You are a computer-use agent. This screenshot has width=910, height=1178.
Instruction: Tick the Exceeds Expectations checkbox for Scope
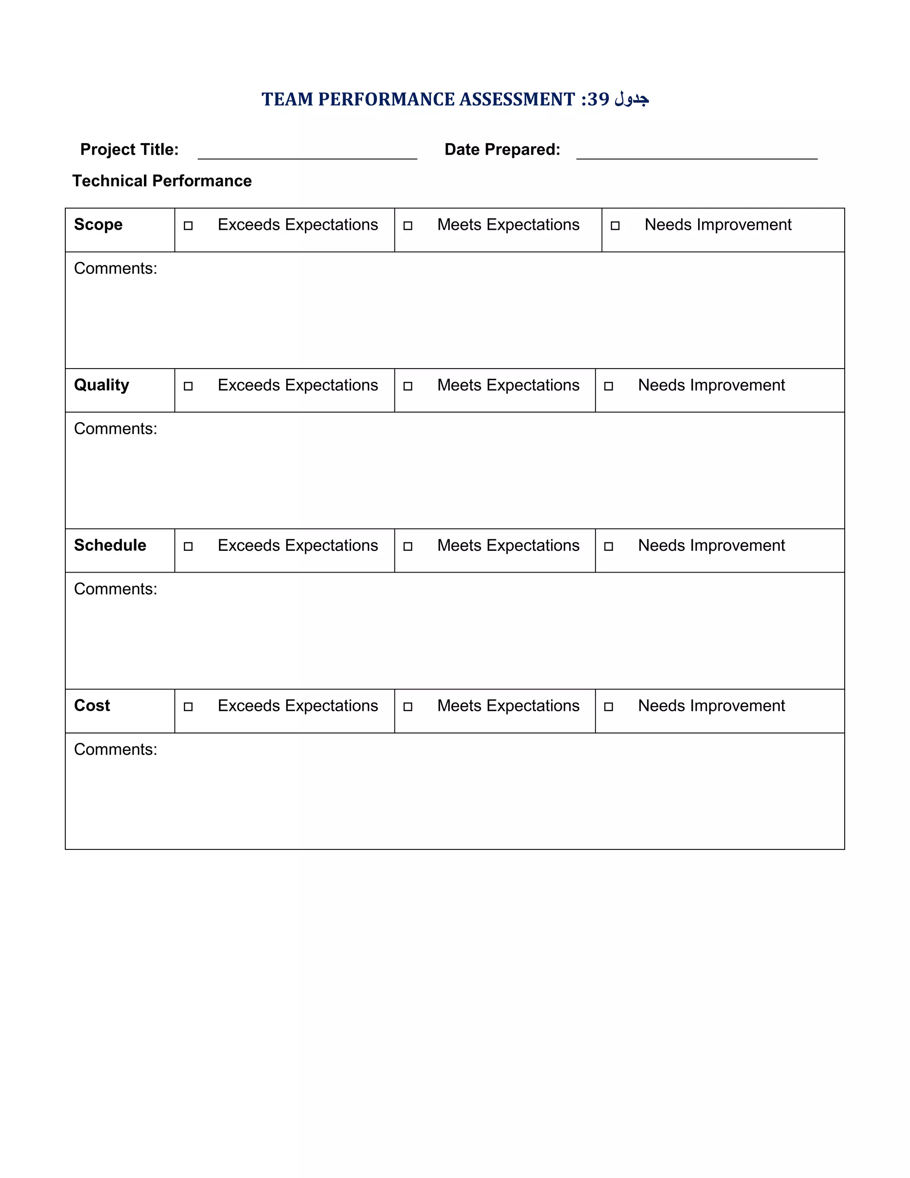point(188,225)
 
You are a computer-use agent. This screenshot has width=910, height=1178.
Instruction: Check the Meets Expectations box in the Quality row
point(407,386)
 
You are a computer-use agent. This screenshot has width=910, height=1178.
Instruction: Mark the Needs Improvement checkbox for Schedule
point(609,546)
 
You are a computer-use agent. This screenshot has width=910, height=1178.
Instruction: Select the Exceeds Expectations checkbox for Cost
point(188,707)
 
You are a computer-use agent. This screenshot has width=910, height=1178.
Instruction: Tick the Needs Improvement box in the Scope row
point(615,225)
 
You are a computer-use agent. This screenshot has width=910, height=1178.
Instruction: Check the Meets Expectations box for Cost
point(407,707)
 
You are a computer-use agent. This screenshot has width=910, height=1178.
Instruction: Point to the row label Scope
point(98,224)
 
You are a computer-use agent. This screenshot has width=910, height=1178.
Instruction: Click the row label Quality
point(101,385)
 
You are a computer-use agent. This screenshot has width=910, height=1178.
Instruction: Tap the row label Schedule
point(110,545)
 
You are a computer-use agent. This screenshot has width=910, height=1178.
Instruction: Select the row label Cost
point(92,705)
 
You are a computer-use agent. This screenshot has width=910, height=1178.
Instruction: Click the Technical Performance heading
point(162,180)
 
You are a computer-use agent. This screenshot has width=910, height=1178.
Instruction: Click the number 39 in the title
point(599,99)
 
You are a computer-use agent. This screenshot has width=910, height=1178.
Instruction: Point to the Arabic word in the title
point(631,99)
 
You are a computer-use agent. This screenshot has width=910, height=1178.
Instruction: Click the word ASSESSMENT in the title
point(517,99)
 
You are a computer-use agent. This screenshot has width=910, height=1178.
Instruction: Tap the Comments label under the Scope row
point(116,268)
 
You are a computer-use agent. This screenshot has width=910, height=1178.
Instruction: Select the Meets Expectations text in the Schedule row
point(508,545)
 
